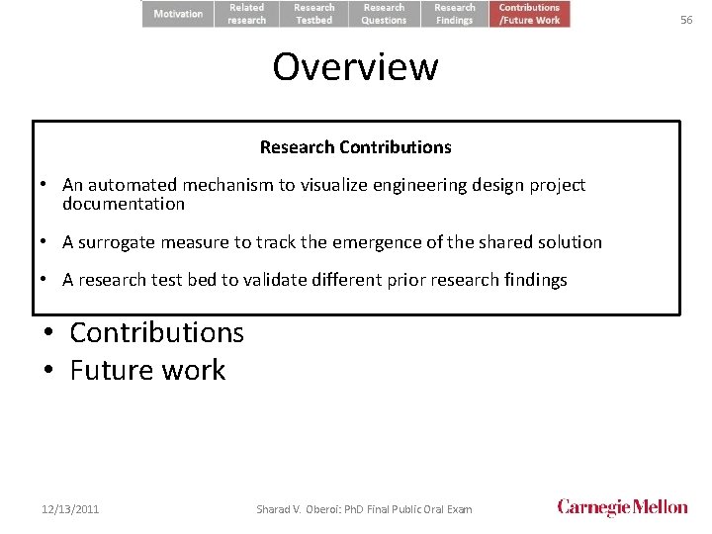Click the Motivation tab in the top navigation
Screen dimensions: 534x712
coord(178,14)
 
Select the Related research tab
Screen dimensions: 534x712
coord(247,14)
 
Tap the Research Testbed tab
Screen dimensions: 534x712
coord(313,14)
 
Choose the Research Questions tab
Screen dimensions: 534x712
coord(384,14)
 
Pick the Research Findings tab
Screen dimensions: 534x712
coord(455,14)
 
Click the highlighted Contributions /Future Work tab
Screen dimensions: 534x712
coord(529,14)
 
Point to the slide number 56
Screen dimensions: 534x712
coord(686,20)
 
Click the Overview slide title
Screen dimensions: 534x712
coord(355,67)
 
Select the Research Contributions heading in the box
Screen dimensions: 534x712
coord(355,147)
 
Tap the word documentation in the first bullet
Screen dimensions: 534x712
coord(124,204)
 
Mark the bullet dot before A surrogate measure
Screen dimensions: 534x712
coord(45,242)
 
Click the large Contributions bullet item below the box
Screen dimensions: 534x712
coord(156,332)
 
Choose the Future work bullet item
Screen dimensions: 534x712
coord(147,370)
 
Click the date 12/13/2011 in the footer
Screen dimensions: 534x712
coord(70,509)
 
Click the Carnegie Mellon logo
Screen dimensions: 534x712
coord(622,507)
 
